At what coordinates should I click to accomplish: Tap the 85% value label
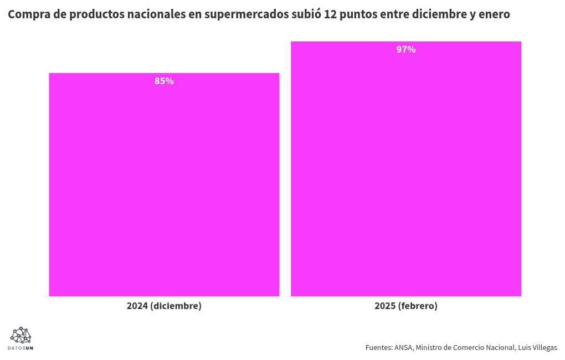pos(164,81)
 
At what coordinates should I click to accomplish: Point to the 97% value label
pos(406,49)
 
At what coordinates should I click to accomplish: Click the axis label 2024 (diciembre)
pos(164,306)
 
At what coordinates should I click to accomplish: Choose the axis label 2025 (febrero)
pos(406,306)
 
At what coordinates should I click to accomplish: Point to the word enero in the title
pos(494,14)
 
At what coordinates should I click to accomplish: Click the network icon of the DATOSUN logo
pos(20,335)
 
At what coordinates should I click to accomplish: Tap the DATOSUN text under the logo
pos(20,348)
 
